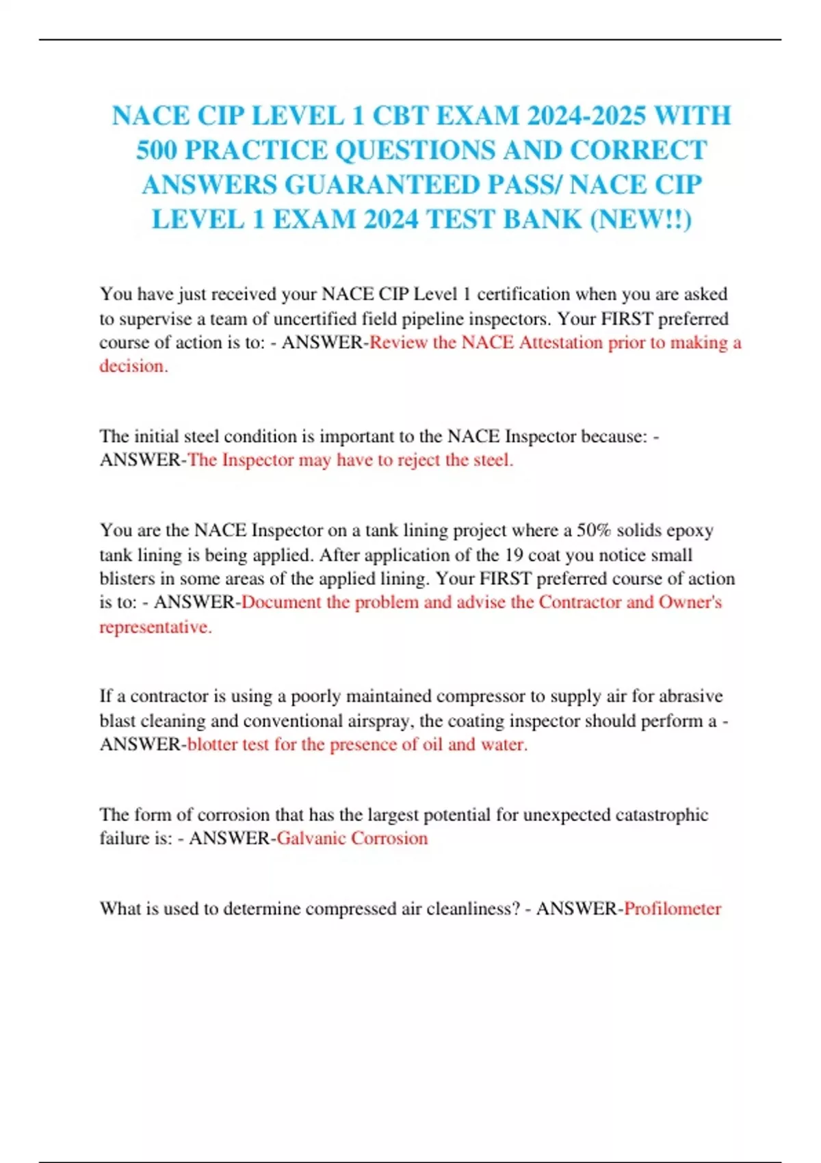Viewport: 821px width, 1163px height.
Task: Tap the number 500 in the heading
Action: click(x=155, y=151)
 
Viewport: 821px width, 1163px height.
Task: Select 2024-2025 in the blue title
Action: click(x=586, y=116)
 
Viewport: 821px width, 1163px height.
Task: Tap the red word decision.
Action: click(x=132, y=366)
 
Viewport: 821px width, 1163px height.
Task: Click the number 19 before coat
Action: click(x=514, y=555)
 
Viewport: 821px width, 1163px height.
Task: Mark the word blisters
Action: click(x=127, y=579)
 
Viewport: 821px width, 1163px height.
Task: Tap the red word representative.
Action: click(x=155, y=627)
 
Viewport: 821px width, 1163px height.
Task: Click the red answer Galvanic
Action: click(x=311, y=839)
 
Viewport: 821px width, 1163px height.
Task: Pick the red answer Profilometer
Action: click(x=673, y=909)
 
